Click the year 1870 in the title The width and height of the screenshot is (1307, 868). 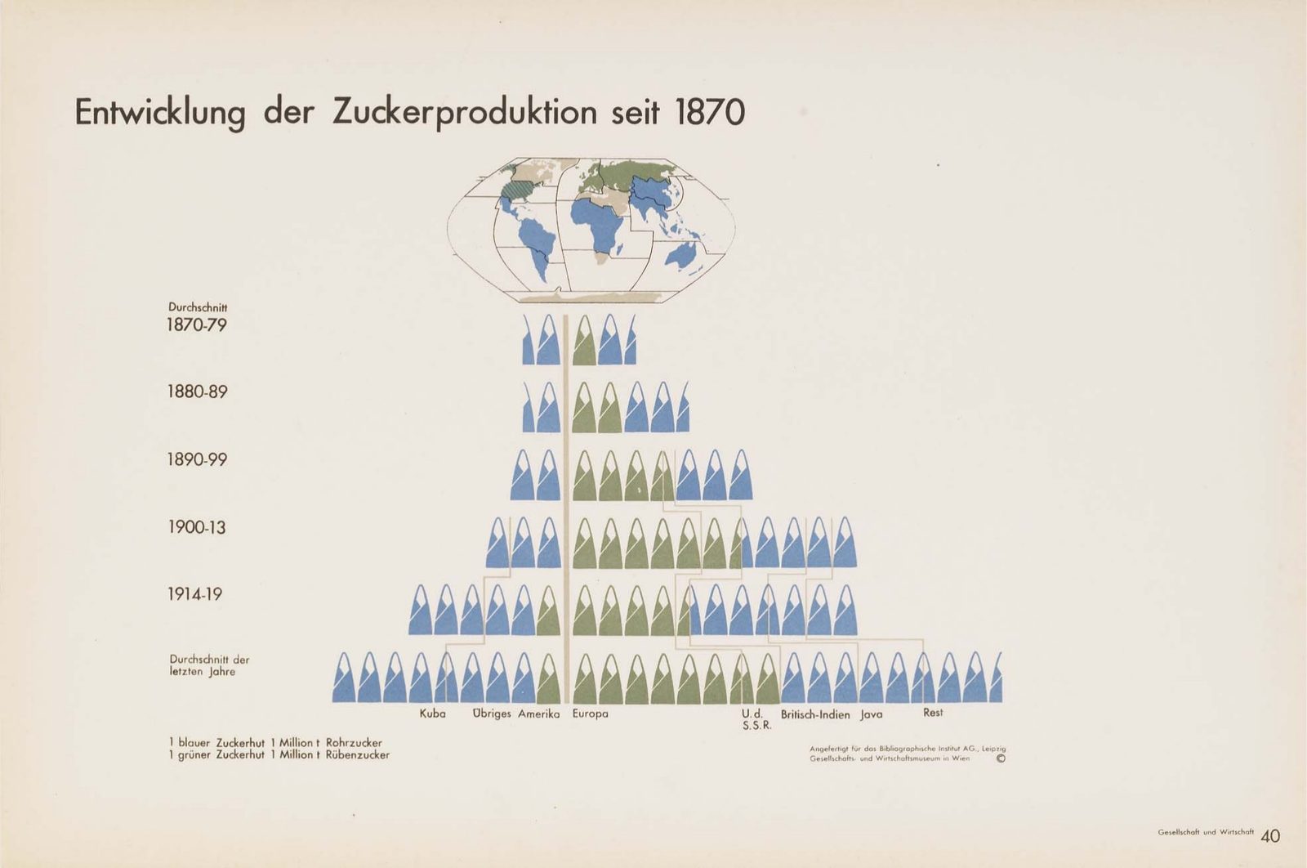(x=710, y=113)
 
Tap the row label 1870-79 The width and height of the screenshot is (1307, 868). (x=197, y=325)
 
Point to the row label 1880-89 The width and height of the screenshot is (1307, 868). (x=197, y=391)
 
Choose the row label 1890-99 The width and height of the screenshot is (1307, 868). (x=197, y=459)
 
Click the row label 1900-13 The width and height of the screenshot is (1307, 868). (x=197, y=527)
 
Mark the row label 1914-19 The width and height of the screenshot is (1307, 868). (x=195, y=594)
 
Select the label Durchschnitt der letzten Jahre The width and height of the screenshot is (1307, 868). (x=209, y=665)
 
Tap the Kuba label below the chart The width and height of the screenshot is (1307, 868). (x=432, y=714)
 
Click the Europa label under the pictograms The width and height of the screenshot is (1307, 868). (x=590, y=714)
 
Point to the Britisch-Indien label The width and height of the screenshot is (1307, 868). (x=815, y=714)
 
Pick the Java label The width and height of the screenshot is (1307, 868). (x=871, y=714)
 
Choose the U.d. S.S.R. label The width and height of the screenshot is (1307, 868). (x=756, y=720)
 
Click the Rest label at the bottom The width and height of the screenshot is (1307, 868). (x=933, y=713)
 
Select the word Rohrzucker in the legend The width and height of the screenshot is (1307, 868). (x=355, y=743)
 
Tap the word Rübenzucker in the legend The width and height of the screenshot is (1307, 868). (x=358, y=754)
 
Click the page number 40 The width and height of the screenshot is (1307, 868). (x=1270, y=836)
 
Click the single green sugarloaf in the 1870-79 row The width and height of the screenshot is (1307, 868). (x=584, y=340)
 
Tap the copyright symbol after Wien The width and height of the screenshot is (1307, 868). (x=1001, y=758)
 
